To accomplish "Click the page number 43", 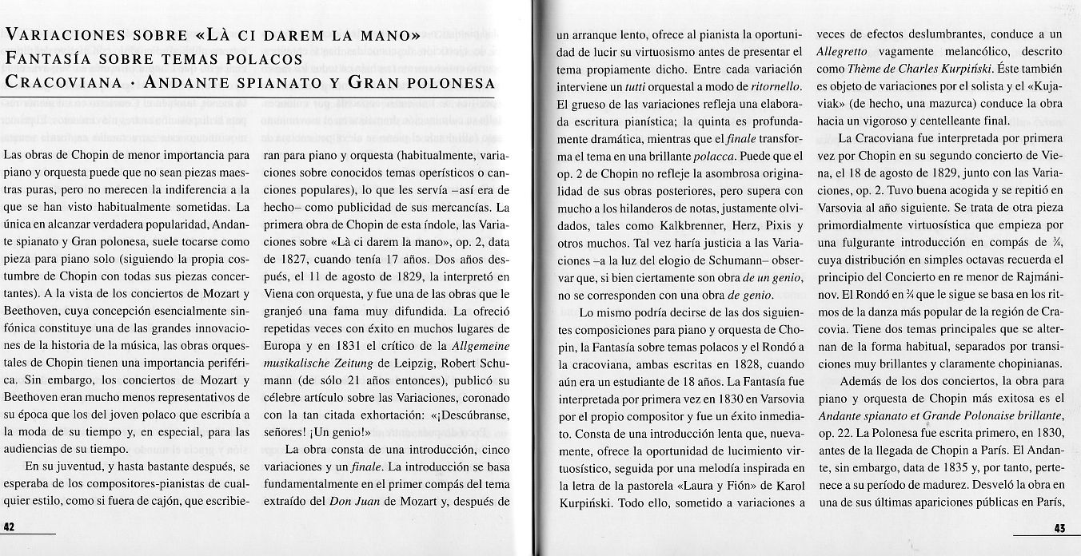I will pos(1060,527).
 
